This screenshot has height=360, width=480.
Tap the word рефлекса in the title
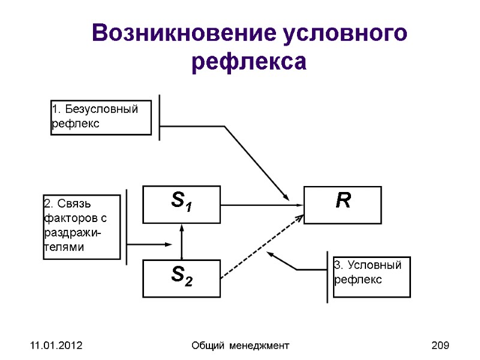249,62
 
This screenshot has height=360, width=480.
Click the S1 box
181,204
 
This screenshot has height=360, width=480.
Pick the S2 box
181,278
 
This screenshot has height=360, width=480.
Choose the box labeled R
343,205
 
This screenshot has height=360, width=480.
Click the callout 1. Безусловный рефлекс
101,118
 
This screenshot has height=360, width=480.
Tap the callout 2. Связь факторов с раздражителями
82,227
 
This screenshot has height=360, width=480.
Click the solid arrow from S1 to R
262,205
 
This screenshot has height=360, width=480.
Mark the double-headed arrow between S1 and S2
182,241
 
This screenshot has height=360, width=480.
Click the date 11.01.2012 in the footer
47,346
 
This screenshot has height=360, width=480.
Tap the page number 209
440,346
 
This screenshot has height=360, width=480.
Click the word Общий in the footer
205,346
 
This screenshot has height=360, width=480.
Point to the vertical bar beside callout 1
160,117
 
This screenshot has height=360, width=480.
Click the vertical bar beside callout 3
327,277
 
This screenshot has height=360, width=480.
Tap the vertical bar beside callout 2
127,227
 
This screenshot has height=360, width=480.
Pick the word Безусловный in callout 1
101,110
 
